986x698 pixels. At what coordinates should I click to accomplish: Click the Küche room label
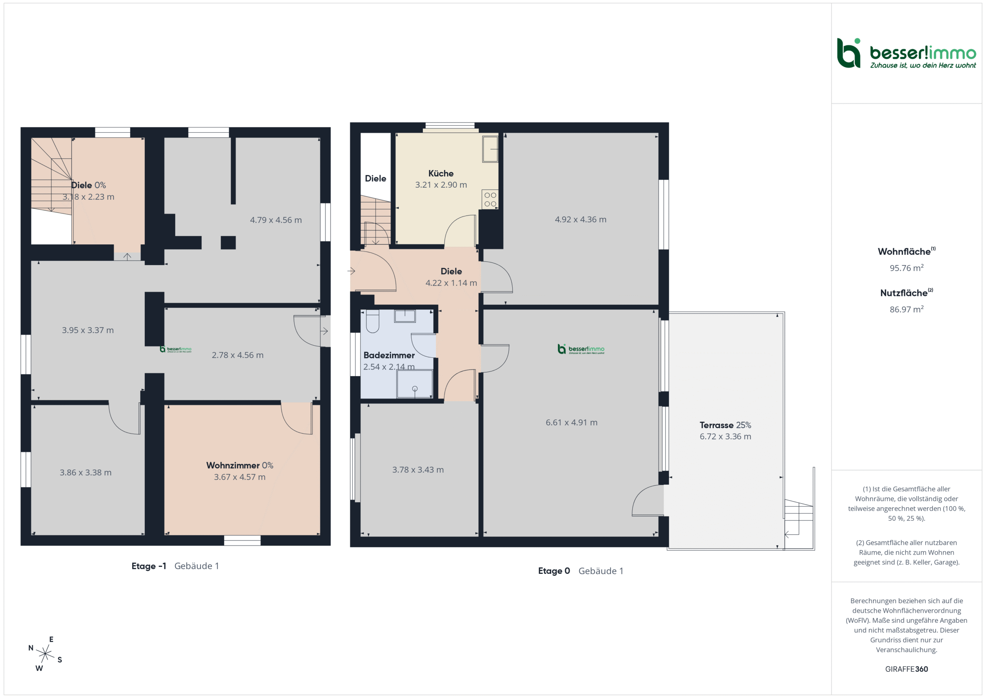[x=441, y=173]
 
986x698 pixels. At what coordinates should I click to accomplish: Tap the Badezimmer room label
[x=389, y=355]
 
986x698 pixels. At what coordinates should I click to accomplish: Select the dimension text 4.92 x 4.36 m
[x=580, y=219]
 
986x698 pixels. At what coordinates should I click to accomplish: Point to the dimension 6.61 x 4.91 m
[x=571, y=422]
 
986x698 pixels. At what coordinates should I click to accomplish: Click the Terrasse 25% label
[x=725, y=425]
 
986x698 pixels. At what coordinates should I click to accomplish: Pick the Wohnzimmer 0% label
[x=240, y=465]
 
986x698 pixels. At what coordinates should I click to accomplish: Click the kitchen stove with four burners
[x=490, y=199]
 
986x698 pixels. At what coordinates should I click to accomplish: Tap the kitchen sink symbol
[x=490, y=149]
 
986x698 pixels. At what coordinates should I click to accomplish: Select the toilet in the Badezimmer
[x=372, y=321]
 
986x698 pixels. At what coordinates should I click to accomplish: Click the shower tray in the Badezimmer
[x=414, y=384]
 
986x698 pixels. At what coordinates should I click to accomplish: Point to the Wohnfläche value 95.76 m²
[x=906, y=268]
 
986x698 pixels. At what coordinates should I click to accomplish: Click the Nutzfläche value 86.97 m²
[x=906, y=309]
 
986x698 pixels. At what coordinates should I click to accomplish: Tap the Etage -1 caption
[x=149, y=566]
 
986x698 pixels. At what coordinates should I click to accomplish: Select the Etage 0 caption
[x=553, y=571]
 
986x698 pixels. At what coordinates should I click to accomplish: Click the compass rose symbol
[x=45, y=654]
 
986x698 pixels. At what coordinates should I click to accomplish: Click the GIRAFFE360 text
[x=906, y=669]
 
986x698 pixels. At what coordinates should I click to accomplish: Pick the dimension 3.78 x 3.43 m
[x=418, y=469]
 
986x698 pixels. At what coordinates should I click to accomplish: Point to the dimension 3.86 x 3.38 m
[x=86, y=473]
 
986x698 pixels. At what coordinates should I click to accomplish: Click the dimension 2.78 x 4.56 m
[x=238, y=355]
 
